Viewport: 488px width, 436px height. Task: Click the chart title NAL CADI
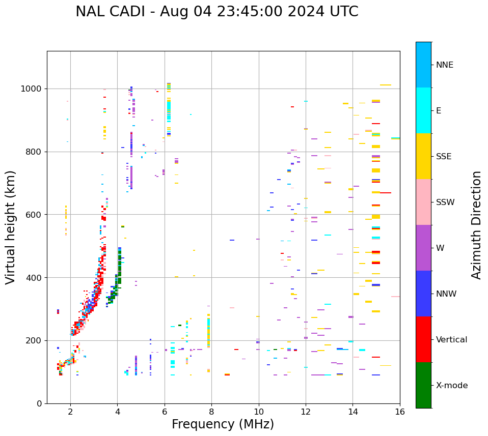point(216,12)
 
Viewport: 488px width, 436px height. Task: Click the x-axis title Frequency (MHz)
point(223,424)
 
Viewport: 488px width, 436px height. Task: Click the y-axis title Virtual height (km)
point(11,227)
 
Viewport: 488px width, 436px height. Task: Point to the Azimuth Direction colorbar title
point(476,225)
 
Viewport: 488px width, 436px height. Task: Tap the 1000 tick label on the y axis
point(32,89)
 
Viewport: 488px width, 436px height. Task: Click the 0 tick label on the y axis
point(39,403)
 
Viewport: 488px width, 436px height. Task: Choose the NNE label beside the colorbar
point(444,65)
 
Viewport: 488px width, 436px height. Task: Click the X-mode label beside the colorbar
point(451,386)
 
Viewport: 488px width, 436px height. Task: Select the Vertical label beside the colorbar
point(451,340)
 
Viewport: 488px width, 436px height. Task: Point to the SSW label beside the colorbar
point(445,202)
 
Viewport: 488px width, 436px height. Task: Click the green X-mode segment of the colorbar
point(423,385)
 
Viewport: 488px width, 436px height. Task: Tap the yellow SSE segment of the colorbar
point(423,156)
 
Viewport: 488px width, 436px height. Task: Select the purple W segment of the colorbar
point(423,248)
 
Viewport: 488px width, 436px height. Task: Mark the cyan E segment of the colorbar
point(423,110)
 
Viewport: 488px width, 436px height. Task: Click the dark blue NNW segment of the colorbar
point(423,294)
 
